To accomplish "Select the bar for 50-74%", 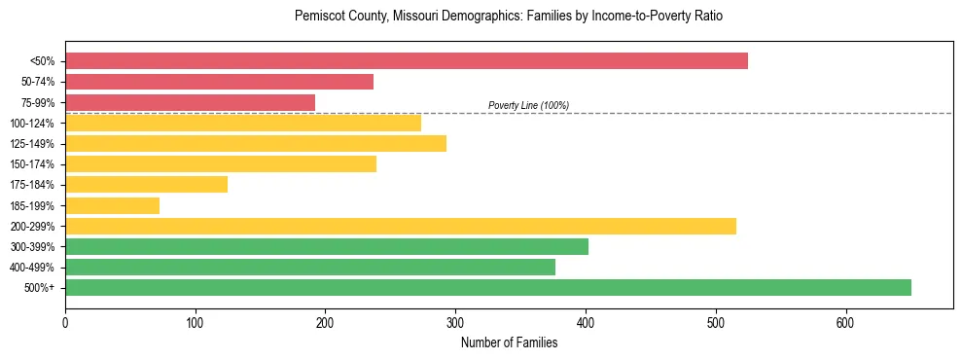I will click(x=219, y=82).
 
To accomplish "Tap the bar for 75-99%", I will click(x=190, y=102).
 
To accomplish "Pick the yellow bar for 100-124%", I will click(x=243, y=123).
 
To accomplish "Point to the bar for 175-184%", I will click(x=146, y=185).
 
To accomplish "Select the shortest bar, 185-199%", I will click(x=112, y=205).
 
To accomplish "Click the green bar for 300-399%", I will click(x=326, y=246).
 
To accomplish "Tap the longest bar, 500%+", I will click(x=487, y=287).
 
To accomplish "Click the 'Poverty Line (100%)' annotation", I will click(x=528, y=105).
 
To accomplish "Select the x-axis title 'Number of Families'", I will click(x=509, y=342).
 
